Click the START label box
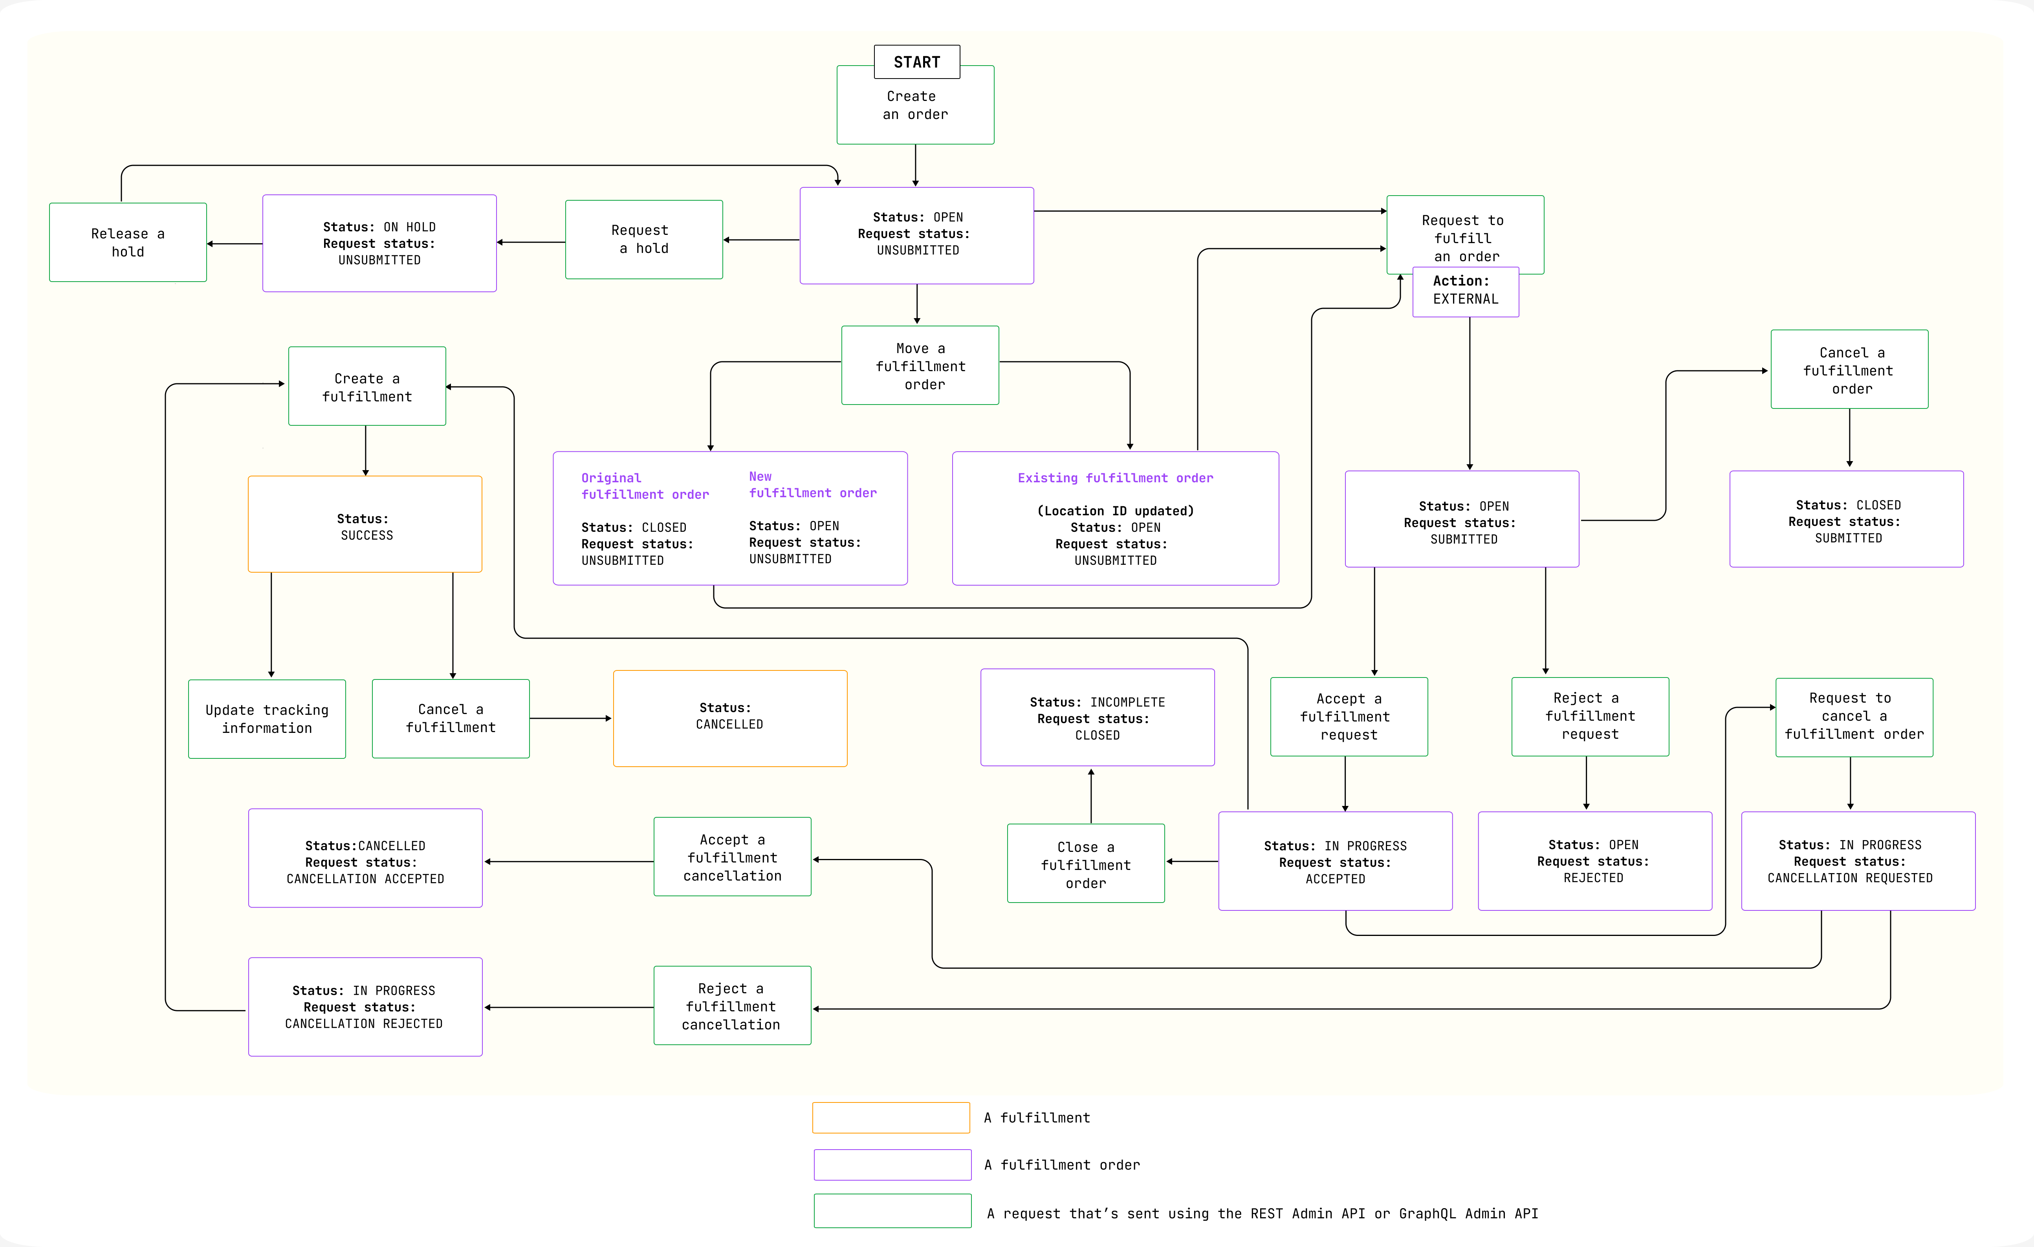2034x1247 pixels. point(916,62)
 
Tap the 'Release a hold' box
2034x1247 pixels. point(128,243)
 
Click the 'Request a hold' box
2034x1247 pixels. point(644,239)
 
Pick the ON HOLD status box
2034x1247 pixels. point(379,244)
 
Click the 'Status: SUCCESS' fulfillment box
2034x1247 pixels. point(365,525)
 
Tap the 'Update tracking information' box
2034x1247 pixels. point(267,719)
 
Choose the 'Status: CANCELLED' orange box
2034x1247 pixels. point(730,718)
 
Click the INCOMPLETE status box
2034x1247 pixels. point(1097,718)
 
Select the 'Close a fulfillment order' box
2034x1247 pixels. point(1085,864)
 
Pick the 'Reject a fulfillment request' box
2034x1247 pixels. point(1590,716)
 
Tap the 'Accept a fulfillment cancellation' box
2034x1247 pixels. point(732,857)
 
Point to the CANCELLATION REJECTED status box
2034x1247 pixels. point(365,1007)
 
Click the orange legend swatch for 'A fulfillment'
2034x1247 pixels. point(891,1117)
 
